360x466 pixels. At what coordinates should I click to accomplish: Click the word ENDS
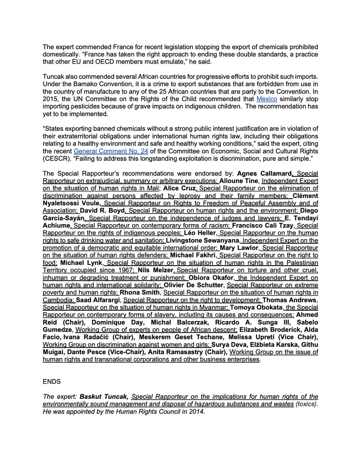[x=52, y=382]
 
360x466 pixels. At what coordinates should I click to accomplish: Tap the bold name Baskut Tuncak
[x=104, y=396]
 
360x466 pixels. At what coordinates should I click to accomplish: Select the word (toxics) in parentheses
[x=306, y=404]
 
